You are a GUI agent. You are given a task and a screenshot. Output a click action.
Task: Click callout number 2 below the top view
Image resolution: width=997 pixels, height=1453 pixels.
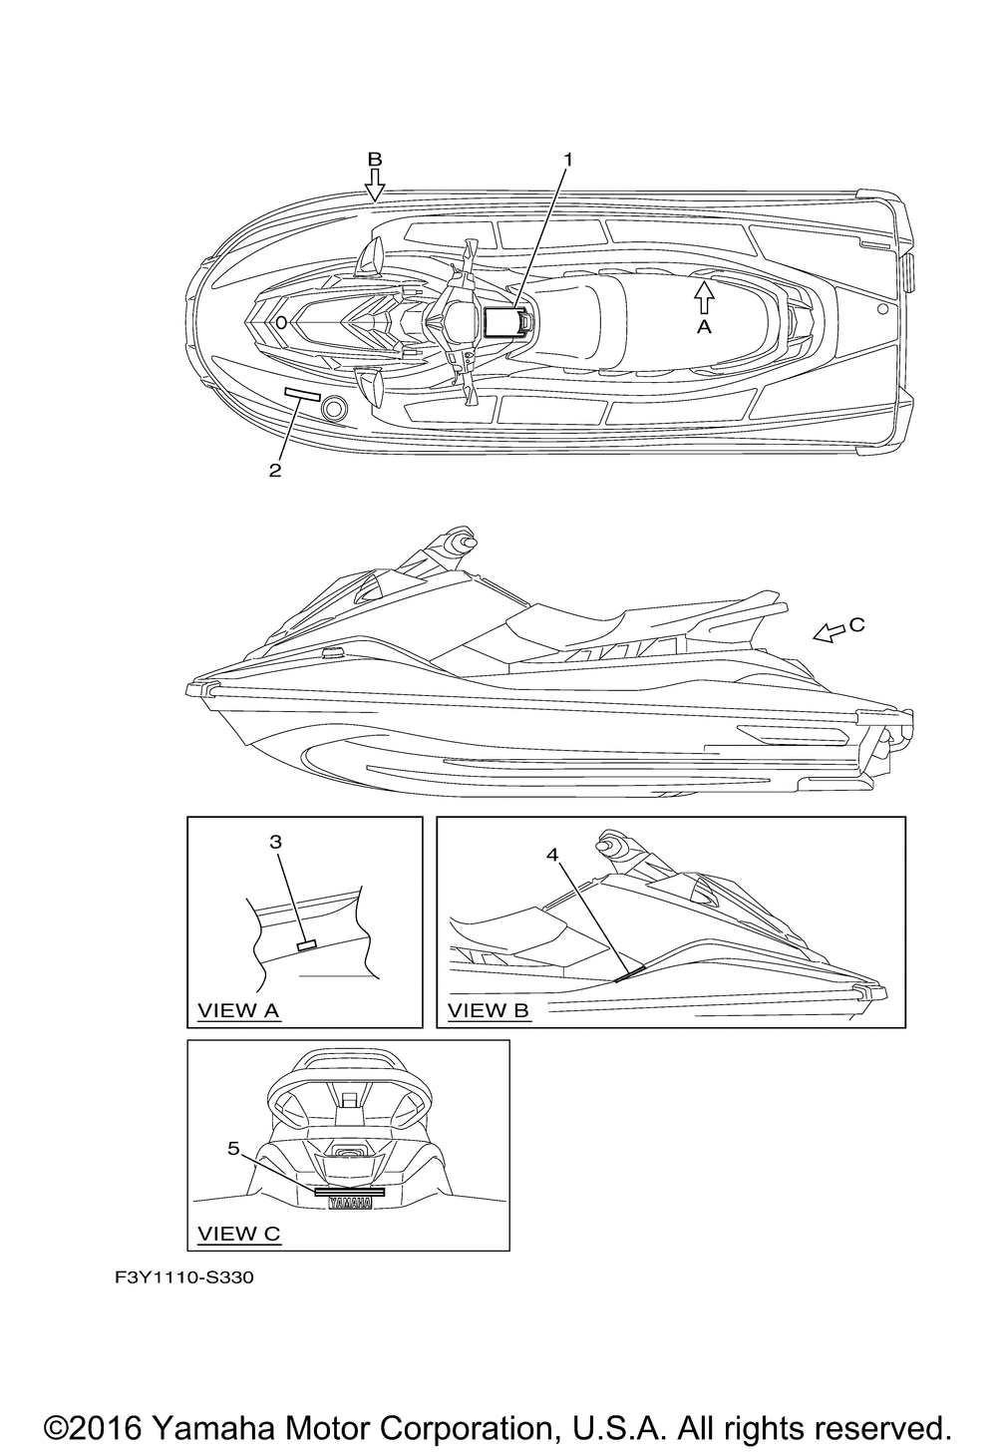275,471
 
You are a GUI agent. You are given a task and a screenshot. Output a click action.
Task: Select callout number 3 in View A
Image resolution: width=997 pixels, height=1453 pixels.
275,842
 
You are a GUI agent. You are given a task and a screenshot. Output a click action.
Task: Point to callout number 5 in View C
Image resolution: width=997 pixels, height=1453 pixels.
233,1148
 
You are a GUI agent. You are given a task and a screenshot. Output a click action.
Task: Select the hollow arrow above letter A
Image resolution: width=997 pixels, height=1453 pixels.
704,296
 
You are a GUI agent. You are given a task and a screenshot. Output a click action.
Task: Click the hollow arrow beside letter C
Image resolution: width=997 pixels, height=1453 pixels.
828,632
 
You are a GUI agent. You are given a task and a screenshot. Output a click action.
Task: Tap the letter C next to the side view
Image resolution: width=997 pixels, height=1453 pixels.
856,625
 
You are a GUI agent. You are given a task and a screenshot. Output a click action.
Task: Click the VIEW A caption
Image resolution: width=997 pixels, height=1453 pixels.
238,1010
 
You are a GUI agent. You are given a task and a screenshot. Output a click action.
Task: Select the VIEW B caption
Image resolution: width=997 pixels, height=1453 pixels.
489,1010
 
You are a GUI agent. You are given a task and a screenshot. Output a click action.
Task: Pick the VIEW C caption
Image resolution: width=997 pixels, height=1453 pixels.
239,1234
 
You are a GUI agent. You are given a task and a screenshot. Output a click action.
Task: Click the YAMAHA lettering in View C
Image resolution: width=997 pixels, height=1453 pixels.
349,1204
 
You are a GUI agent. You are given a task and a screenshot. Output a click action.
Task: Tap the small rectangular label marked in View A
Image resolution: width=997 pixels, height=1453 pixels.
308,943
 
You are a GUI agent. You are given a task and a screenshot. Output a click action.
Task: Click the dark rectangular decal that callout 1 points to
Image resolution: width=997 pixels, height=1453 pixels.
504,321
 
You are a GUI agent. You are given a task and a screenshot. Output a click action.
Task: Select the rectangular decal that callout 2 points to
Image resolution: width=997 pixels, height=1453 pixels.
302,395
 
